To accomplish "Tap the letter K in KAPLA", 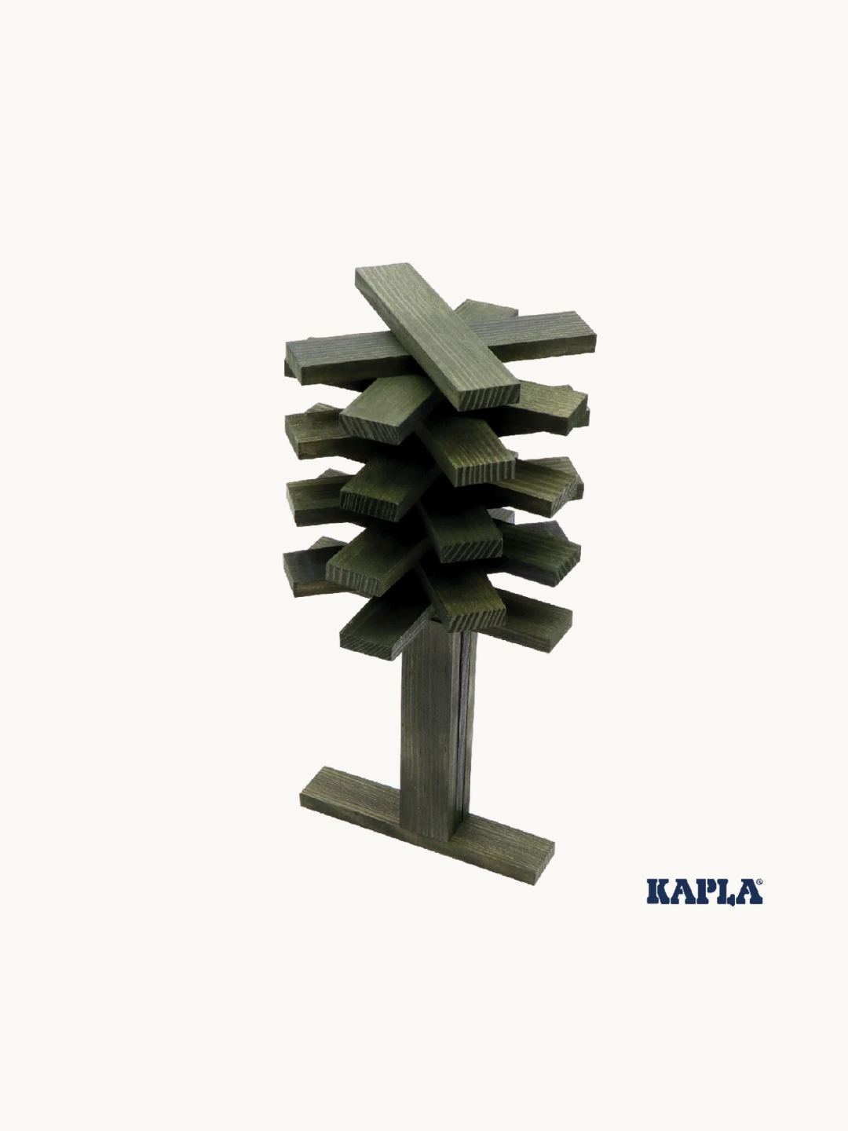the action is point(659,892).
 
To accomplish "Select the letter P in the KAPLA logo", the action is point(704,892).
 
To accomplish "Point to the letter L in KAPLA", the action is point(726,892).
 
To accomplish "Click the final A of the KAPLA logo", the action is point(748,892).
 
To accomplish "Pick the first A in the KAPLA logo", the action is point(682,892).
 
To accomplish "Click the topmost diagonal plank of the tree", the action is point(437,337).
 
